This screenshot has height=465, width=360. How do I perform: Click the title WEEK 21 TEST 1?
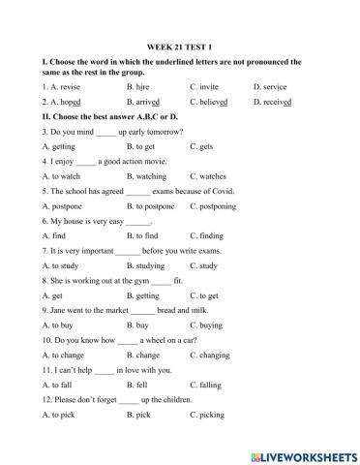point(179,46)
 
